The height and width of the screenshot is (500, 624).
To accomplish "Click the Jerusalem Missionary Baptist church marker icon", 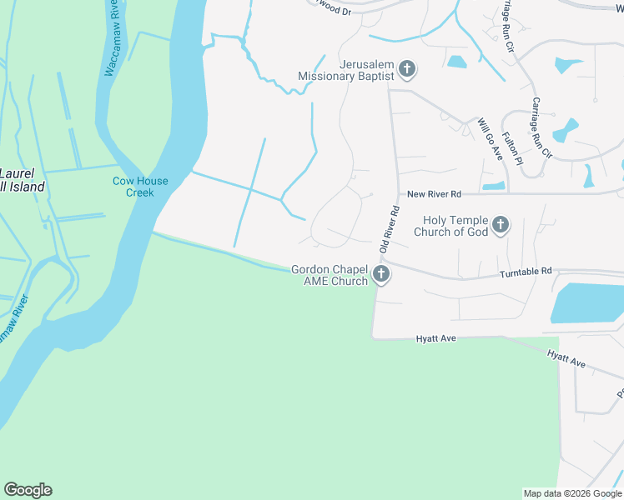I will [x=406, y=69].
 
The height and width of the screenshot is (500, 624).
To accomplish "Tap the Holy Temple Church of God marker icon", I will [x=500, y=225].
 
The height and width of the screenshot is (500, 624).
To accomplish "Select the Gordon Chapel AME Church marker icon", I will [x=380, y=275].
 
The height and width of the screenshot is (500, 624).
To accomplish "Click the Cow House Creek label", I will [x=141, y=187].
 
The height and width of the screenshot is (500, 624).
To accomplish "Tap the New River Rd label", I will [x=434, y=194].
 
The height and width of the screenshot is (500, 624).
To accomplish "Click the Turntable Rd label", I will [x=526, y=272].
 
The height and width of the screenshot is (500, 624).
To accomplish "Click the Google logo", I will [x=28, y=490].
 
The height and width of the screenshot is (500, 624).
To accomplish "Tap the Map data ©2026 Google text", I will [x=571, y=493].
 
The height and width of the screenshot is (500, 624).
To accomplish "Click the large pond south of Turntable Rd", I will [x=588, y=302].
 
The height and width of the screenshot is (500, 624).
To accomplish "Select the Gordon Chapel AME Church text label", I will [x=330, y=275].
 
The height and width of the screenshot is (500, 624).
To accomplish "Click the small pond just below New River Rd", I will [x=493, y=185].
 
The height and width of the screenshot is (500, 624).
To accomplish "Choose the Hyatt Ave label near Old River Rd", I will [x=436, y=339].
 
